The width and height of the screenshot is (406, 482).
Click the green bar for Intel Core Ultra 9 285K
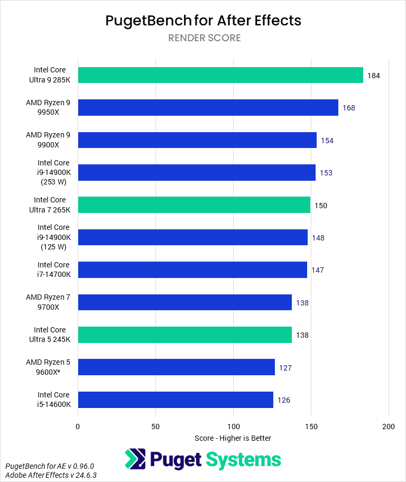[x=220, y=75]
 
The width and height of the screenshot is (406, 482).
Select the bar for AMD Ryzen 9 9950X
[x=208, y=107]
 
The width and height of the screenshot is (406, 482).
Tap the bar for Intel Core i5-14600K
[x=176, y=400]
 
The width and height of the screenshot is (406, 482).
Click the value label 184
[x=374, y=76]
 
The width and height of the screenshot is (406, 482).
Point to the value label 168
[x=348, y=108]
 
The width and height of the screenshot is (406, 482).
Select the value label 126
[x=284, y=400]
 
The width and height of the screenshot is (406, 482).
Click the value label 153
[x=326, y=173]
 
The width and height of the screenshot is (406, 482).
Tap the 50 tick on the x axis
[x=155, y=426]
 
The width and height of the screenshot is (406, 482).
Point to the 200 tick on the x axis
[x=389, y=426]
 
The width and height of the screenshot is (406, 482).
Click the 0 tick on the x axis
[x=78, y=426]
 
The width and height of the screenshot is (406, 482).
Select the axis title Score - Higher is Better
[x=233, y=438]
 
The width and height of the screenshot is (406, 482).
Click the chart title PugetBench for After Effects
[x=203, y=21]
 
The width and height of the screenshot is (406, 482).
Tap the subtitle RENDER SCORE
[x=204, y=38]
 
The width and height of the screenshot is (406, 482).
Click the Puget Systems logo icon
[x=135, y=459]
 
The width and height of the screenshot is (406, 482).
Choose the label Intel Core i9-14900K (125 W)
[x=53, y=237]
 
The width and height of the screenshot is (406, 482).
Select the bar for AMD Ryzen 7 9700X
[x=184, y=302]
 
